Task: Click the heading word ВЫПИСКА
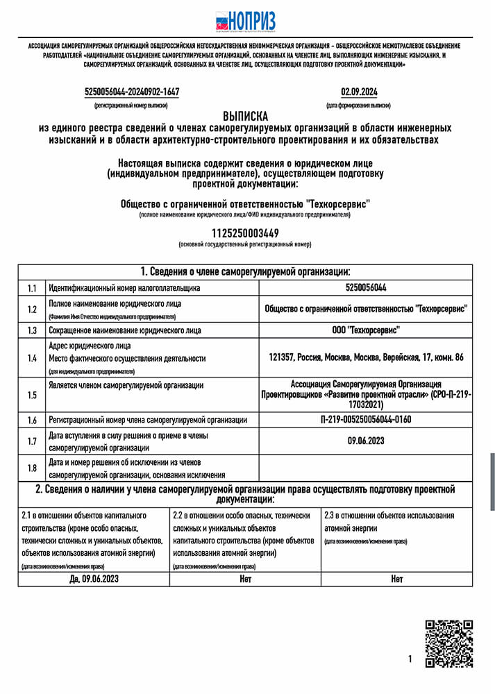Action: (x=245, y=117)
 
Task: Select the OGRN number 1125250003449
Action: (x=245, y=232)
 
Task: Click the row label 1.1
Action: (x=32, y=288)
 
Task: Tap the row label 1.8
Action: (x=32, y=468)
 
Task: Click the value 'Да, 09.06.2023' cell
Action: (x=94, y=578)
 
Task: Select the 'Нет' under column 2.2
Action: (x=245, y=578)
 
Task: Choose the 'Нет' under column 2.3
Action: (x=396, y=578)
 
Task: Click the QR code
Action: (x=448, y=644)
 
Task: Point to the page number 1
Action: (x=410, y=659)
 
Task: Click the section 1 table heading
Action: (x=245, y=271)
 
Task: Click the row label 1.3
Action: (x=32, y=330)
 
